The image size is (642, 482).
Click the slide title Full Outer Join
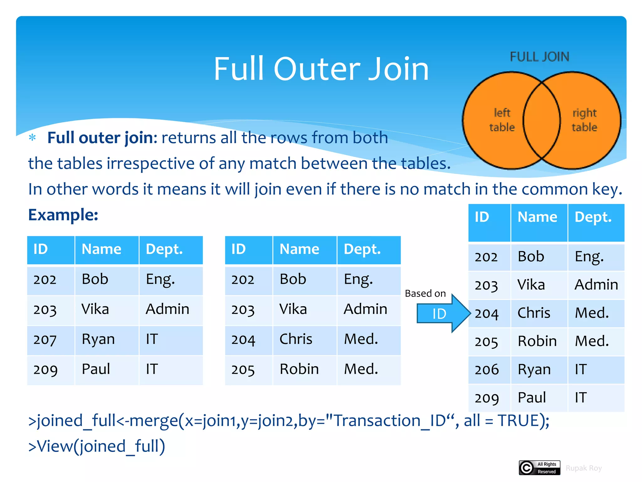[321, 69]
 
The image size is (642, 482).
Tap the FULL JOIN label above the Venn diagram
[539, 57]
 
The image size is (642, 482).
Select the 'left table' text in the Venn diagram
[502, 120]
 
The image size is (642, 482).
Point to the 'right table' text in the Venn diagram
[584, 120]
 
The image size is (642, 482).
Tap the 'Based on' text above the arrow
[425, 293]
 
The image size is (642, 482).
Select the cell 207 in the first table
[45, 340]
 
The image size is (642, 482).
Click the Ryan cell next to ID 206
[534, 369]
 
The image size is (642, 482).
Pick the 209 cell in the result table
[487, 398]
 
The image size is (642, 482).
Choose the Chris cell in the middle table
[296, 339]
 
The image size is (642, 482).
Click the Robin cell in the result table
[537, 341]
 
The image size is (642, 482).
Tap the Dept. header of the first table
[164, 249]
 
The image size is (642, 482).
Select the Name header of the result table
[537, 217]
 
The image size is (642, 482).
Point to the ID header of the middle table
[238, 249]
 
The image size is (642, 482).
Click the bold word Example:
[63, 215]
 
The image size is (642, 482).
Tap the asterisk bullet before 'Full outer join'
[32, 137]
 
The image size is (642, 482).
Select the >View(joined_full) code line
[97, 446]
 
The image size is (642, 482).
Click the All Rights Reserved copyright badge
[539, 468]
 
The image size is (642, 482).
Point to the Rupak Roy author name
[583, 468]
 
